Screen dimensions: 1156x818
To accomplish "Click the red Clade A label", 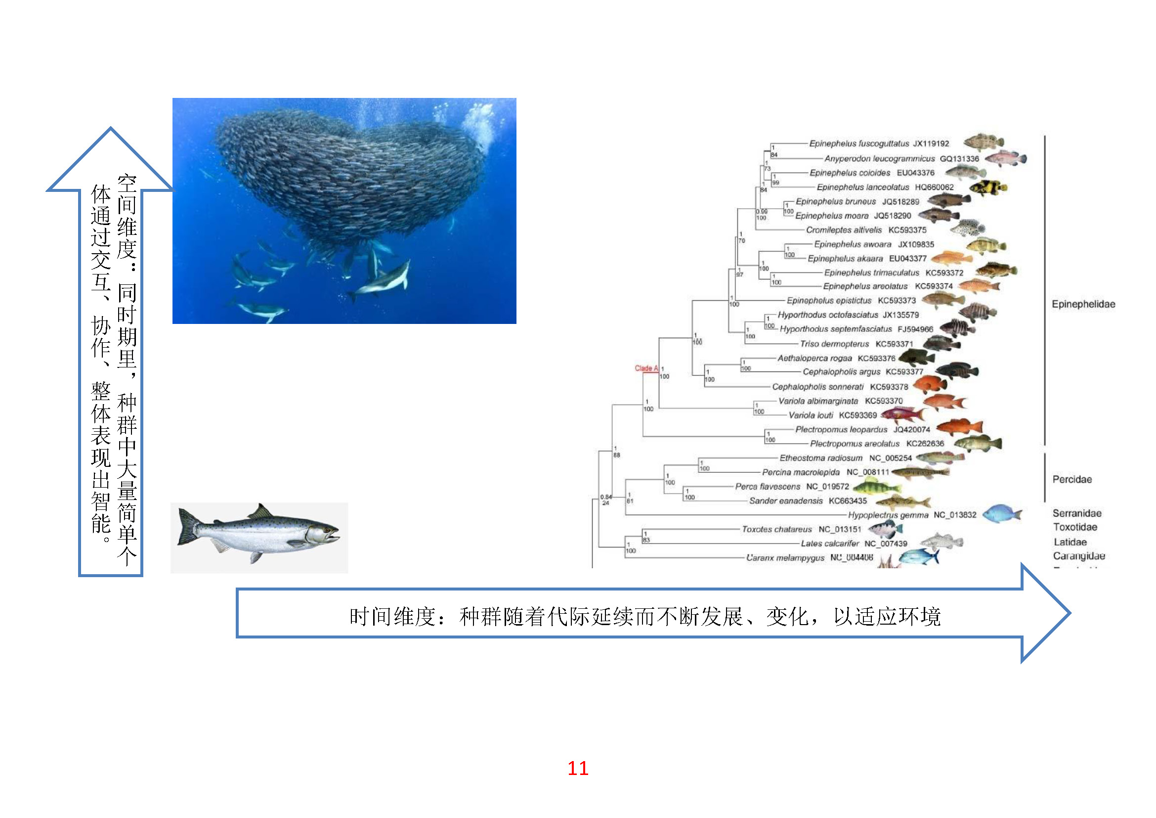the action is click(x=646, y=368).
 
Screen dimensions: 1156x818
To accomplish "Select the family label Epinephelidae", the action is click(x=1083, y=304).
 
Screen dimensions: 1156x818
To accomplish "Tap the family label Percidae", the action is click(x=1072, y=480).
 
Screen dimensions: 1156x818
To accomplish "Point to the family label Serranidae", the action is click(x=1077, y=513).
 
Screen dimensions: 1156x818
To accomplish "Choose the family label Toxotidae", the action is click(x=1075, y=527).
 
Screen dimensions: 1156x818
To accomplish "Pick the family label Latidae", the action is click(x=1070, y=542).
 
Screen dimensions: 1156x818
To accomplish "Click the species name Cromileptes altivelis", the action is click(x=844, y=230).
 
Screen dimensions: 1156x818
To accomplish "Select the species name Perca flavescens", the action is click(x=768, y=487).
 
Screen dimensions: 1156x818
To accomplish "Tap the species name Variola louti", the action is click(x=811, y=415).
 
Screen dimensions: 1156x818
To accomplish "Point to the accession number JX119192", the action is click(x=931, y=143).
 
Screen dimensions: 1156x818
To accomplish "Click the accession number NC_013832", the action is click(x=955, y=515).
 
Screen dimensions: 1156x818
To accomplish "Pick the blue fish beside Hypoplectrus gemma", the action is click(x=1001, y=514).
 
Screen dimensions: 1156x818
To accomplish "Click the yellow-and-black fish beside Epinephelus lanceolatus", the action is click(x=988, y=187).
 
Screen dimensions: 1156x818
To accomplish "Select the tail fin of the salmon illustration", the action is click(x=187, y=527).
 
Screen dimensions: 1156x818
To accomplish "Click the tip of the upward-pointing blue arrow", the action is click(x=111, y=129).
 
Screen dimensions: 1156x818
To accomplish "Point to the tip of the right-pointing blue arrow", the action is click(x=1069, y=612).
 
